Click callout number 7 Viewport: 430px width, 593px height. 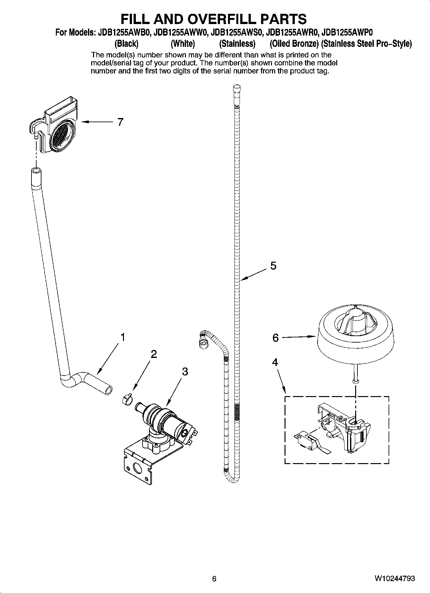pos(120,122)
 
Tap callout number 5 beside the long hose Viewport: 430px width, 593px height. pos(273,266)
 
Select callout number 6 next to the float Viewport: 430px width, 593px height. pos(276,338)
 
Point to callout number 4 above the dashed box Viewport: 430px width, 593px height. pos(275,362)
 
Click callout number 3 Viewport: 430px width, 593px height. pos(185,372)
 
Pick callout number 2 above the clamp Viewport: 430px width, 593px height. pos(154,354)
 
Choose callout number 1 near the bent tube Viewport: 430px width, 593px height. pos(122,337)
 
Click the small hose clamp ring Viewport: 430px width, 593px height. pos(127,400)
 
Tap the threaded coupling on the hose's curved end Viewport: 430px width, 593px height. pos(202,341)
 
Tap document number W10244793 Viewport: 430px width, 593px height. pos(394,579)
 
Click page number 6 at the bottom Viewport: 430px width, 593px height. pos(215,579)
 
